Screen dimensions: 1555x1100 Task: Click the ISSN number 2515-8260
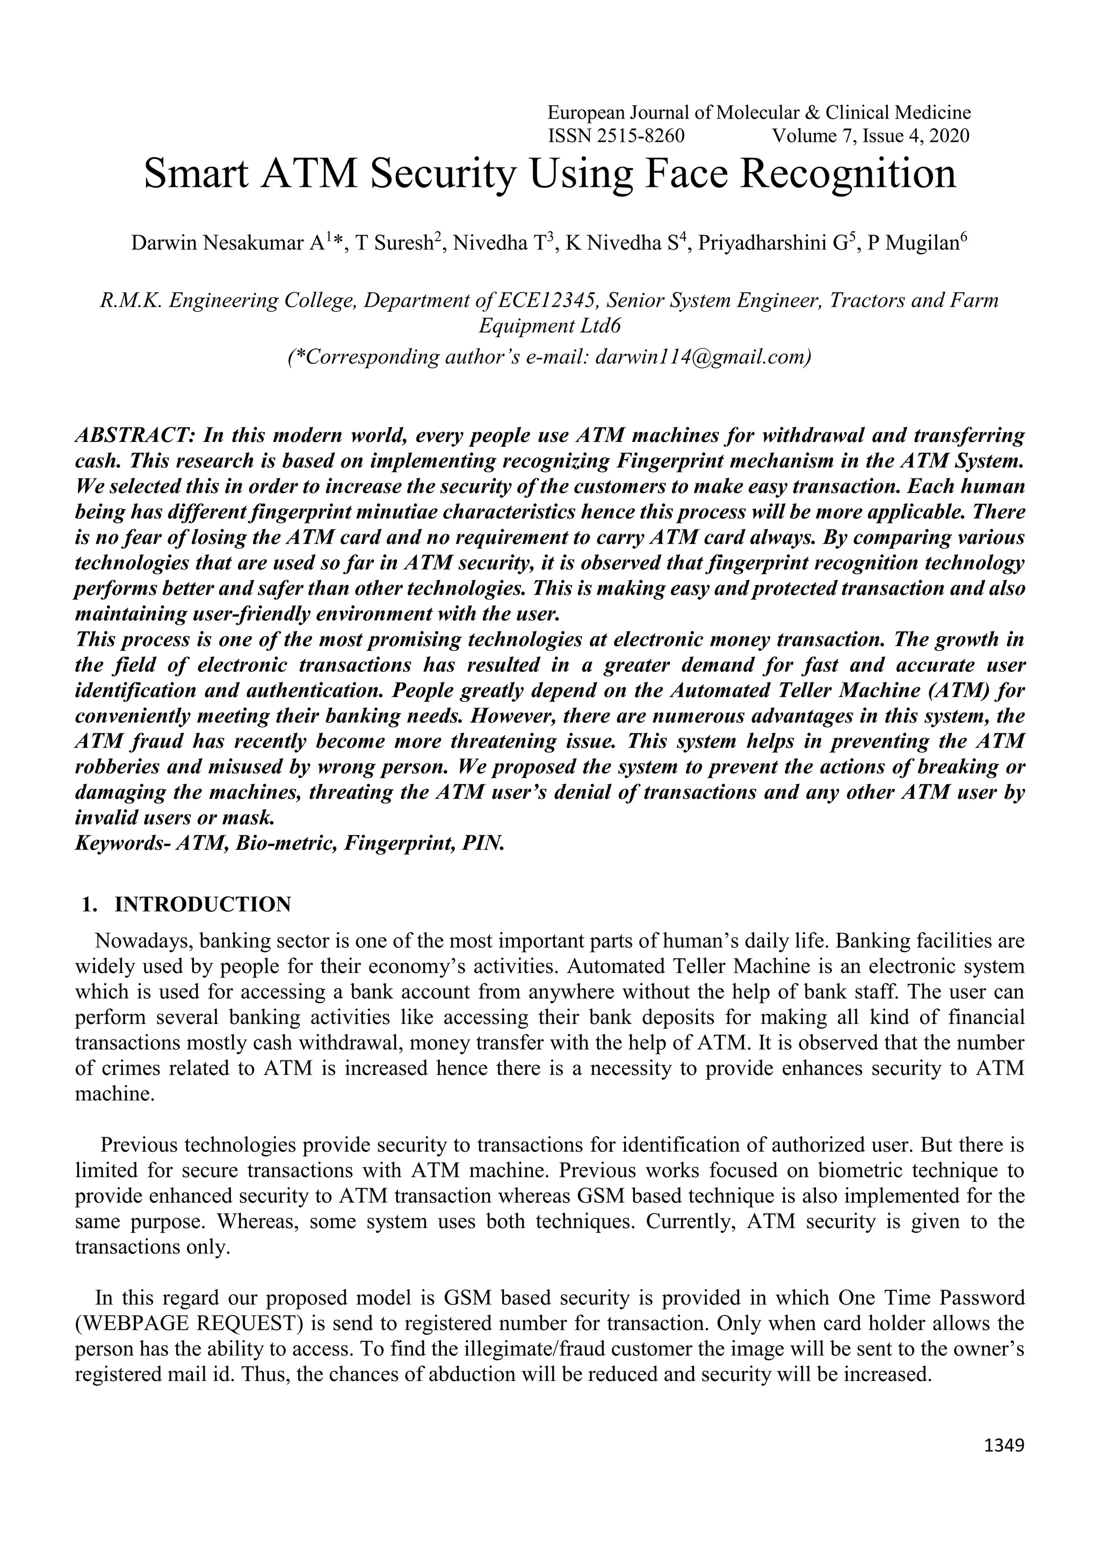(641, 136)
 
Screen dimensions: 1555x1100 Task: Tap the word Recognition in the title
(848, 173)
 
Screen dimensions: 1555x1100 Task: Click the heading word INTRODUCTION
(203, 904)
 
